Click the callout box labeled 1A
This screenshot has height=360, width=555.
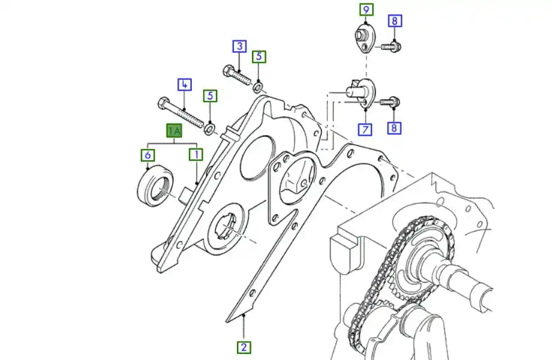point(174,131)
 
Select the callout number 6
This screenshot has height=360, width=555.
point(147,155)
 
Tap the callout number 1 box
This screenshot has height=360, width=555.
point(196,154)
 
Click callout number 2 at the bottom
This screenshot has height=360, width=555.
point(244,347)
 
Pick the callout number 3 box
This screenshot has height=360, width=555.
point(240,46)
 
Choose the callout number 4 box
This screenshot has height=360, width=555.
point(185,85)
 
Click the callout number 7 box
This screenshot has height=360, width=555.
point(365,129)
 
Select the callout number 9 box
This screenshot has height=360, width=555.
point(366,9)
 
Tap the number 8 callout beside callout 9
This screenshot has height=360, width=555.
point(394,21)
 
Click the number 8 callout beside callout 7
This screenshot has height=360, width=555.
point(394,127)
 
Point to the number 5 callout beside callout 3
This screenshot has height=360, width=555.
point(259,56)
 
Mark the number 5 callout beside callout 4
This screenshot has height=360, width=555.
point(210,96)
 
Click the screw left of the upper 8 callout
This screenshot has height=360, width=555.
point(391,46)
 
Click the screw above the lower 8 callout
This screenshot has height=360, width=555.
point(390,102)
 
